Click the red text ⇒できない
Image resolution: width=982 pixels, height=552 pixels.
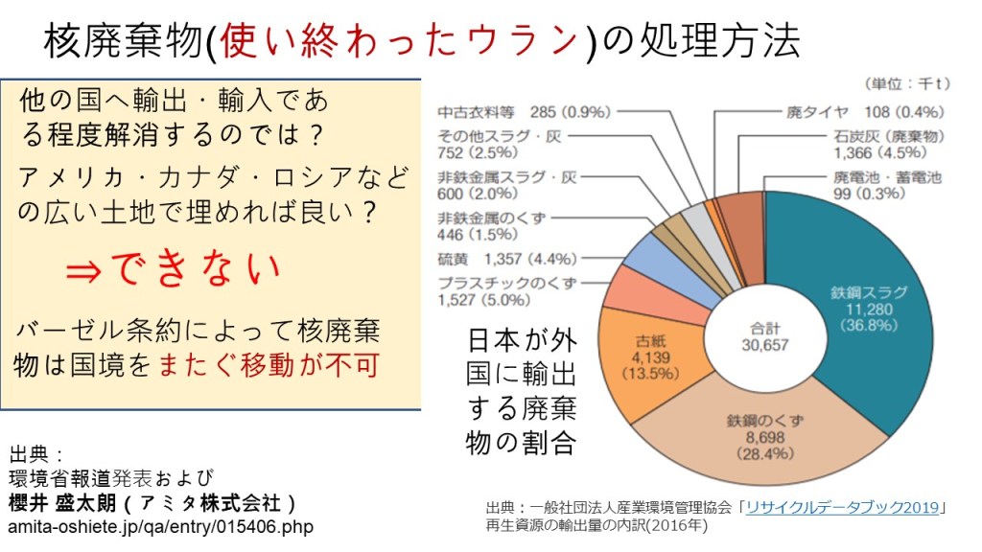coord(173,270)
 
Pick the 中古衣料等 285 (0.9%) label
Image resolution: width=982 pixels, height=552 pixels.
coord(523,112)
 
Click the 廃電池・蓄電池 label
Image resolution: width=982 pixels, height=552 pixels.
coord(887,177)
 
